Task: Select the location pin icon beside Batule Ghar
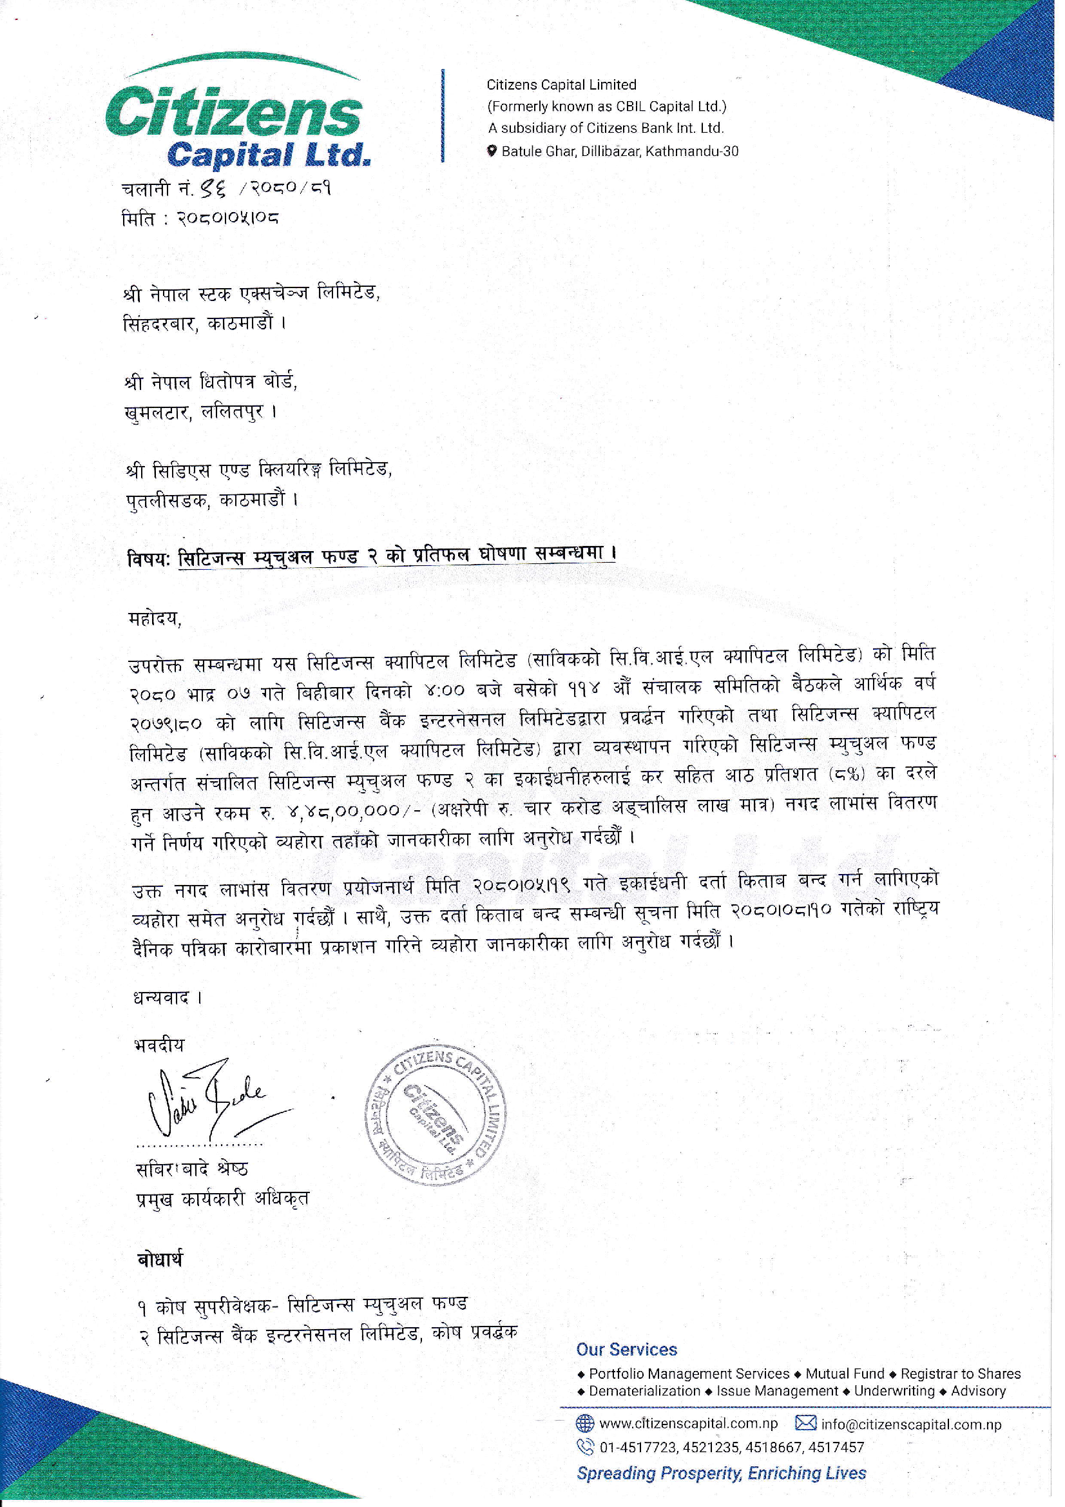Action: click(x=492, y=151)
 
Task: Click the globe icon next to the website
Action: click(x=584, y=1424)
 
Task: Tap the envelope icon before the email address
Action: click(x=805, y=1423)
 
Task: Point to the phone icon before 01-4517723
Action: click(x=584, y=1446)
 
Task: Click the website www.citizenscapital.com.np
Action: click(x=688, y=1424)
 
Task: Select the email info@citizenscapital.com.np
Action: click(x=911, y=1424)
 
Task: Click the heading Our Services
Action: click(x=627, y=1350)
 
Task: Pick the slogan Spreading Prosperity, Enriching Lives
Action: click(x=721, y=1473)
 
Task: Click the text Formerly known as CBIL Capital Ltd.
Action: click(x=607, y=106)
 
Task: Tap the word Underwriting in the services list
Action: click(x=894, y=1391)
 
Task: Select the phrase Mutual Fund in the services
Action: click(x=845, y=1374)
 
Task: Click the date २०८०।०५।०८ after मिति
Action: click(x=227, y=218)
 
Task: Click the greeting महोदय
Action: click(x=155, y=619)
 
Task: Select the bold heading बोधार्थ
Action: click(x=160, y=1259)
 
